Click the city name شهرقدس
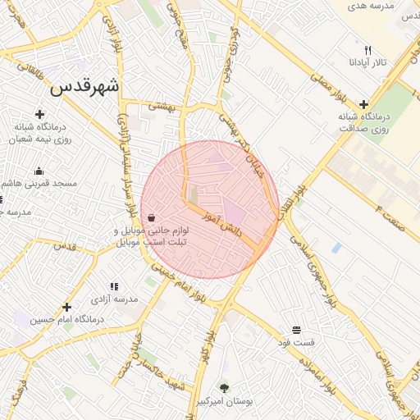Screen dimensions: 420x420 (x=84, y=86)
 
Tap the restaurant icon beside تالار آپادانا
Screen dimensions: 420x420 (x=367, y=49)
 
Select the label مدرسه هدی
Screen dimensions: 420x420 (x=372, y=6)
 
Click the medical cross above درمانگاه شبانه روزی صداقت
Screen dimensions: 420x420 (x=363, y=104)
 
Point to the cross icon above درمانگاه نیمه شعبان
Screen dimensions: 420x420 (x=39, y=113)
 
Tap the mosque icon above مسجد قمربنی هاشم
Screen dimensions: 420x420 (x=39, y=171)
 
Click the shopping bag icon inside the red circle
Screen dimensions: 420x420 (x=152, y=217)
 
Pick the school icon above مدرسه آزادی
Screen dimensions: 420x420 (x=114, y=286)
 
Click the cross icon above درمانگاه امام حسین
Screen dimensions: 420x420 (x=67, y=307)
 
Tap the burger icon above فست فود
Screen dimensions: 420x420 (x=294, y=329)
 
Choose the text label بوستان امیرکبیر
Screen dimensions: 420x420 (x=224, y=402)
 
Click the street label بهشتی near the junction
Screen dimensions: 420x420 (x=162, y=107)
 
